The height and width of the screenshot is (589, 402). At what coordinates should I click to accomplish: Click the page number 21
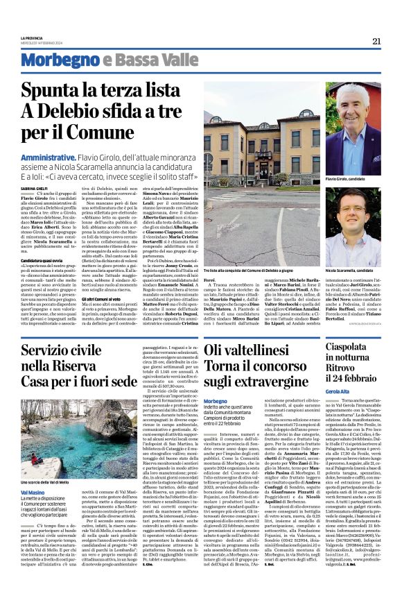coord(376,41)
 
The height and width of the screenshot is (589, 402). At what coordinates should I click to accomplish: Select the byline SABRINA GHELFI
coord(34,187)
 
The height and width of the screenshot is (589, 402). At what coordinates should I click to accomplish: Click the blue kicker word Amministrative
coord(44,159)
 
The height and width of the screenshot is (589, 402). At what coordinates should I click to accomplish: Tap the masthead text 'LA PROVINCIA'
coord(31,37)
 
